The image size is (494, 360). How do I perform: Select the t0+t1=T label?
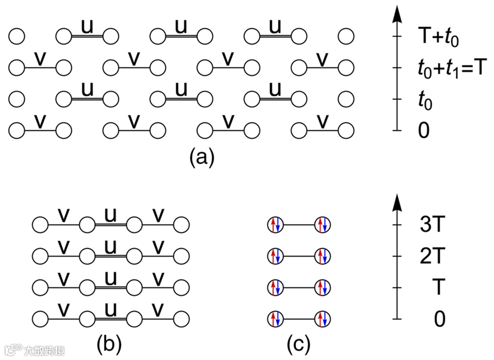click(452, 69)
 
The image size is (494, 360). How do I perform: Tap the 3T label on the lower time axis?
click(433, 225)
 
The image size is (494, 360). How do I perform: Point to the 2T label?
click(433, 255)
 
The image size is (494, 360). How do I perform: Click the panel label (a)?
click(202, 156)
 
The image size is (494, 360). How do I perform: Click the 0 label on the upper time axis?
click(424, 131)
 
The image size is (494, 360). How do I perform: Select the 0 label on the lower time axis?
click(439, 318)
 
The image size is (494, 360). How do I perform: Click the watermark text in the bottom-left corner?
click(34, 349)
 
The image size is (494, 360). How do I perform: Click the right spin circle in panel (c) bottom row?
click(323, 318)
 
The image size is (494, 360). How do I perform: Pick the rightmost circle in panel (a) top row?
click(346, 37)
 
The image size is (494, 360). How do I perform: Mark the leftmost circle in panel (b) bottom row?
click(41, 318)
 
